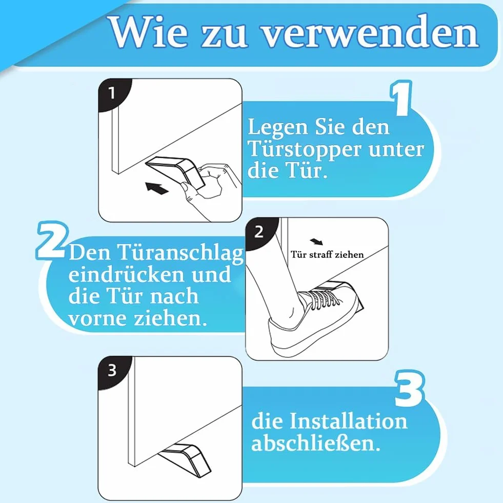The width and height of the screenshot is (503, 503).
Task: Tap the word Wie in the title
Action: [x=149, y=32]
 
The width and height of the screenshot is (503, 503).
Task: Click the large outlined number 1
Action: [x=401, y=98]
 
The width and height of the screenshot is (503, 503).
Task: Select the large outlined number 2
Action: [x=51, y=240]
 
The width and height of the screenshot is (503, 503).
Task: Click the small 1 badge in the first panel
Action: [x=112, y=93]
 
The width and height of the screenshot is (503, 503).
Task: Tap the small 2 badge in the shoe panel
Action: [x=259, y=232]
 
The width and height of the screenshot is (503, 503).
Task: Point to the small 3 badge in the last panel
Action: [x=112, y=370]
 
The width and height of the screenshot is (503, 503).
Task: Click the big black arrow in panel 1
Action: [x=157, y=188]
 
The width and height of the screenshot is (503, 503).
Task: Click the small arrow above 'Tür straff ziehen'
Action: [x=317, y=242]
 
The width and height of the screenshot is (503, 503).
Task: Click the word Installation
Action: [x=348, y=421]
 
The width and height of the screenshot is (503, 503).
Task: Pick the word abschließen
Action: [x=316, y=444]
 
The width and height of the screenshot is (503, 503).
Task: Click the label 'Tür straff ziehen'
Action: [x=327, y=254]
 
